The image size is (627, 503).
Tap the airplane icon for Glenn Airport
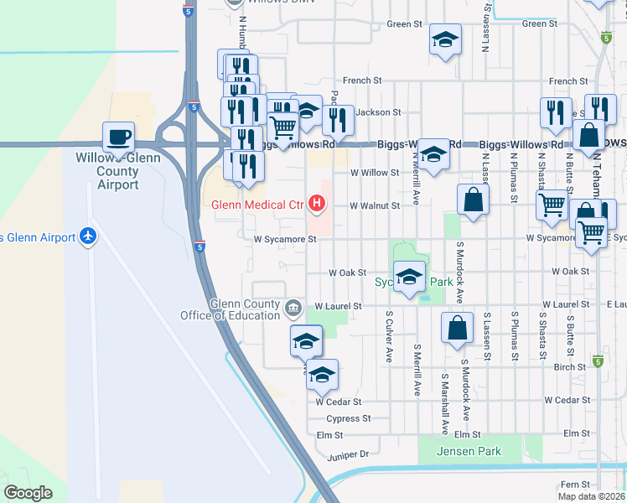pyautogui.click(x=87, y=237)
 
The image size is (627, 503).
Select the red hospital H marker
pyautogui.click(x=317, y=203)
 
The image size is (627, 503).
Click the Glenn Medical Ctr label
pyautogui.click(x=257, y=204)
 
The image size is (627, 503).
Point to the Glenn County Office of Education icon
pyautogui.click(x=293, y=308)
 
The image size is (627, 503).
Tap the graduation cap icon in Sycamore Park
pyautogui.click(x=409, y=277)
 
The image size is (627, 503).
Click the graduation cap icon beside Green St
pyautogui.click(x=446, y=39)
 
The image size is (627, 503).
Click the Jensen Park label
pyautogui.click(x=469, y=452)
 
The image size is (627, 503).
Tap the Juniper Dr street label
pyautogui.click(x=348, y=454)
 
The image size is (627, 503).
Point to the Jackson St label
pyautogui.click(x=378, y=111)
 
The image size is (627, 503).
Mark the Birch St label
pyautogui.click(x=569, y=367)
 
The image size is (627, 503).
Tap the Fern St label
pyautogui.click(x=576, y=485)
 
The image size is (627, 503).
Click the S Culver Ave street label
pyautogui.click(x=389, y=337)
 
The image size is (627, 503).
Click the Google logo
pyautogui.click(x=28, y=493)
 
